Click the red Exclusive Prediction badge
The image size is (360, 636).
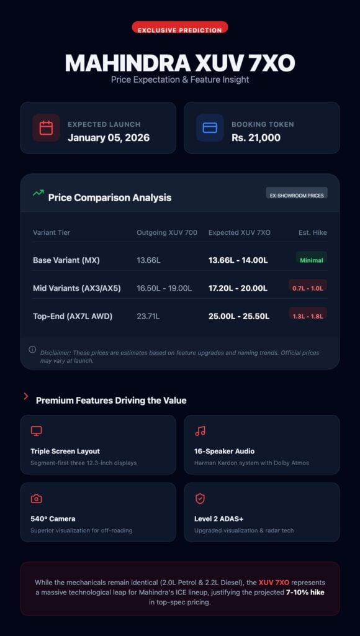[180, 29]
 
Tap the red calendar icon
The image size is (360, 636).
[46, 128]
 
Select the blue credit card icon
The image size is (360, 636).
[210, 128]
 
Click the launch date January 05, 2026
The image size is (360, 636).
[109, 138]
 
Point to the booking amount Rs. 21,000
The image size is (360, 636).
[256, 138]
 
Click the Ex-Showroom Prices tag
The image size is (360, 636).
[296, 194]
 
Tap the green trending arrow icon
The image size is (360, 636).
[38, 193]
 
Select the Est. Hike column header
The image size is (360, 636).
[313, 233]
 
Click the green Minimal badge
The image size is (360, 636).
[311, 260]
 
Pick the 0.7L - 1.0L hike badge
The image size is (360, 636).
[308, 288]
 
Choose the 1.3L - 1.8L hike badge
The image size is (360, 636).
[308, 316]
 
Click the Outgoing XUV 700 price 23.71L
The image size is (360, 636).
[148, 316]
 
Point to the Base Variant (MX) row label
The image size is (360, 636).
[66, 260]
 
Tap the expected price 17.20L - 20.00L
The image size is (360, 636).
[238, 288]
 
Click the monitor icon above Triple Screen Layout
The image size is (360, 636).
[37, 431]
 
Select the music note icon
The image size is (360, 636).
[200, 431]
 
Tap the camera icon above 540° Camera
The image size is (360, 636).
[37, 499]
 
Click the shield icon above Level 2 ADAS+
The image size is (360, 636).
[200, 499]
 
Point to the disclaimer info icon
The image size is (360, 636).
[32, 350]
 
